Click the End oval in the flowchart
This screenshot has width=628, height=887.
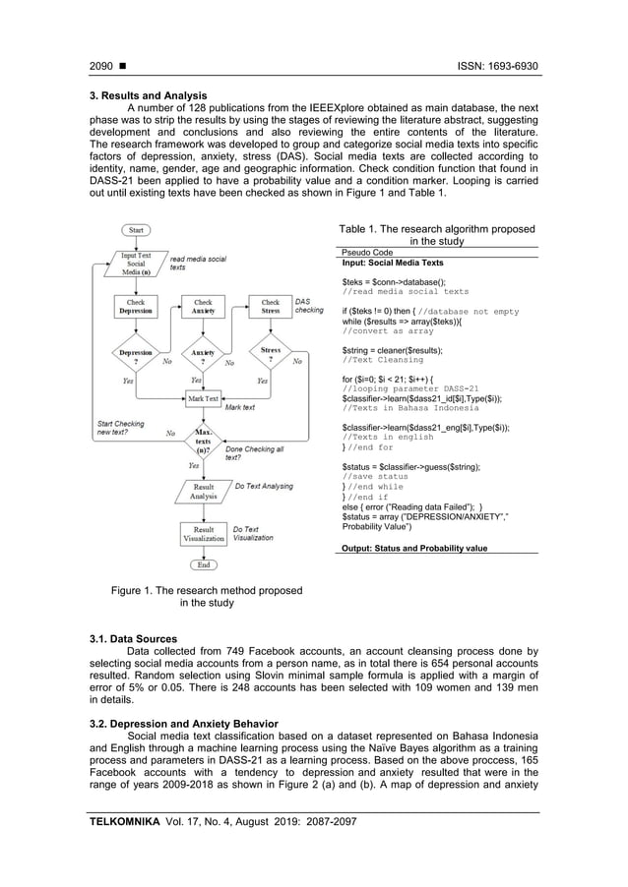pyautogui.click(x=204, y=565)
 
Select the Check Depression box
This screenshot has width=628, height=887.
pyautogui.click(x=135, y=308)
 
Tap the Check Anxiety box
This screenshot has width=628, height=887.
pyautogui.click(x=203, y=308)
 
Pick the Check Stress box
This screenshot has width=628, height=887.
pyautogui.click(x=271, y=308)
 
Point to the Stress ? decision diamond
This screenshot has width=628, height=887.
pyautogui.click(x=271, y=354)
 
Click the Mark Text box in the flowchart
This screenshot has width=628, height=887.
pyautogui.click(x=203, y=398)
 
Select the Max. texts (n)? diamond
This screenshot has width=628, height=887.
pyautogui.click(x=204, y=439)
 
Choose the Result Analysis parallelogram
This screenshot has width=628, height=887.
pyautogui.click(x=204, y=491)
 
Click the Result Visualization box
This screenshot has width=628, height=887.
pyautogui.click(x=204, y=535)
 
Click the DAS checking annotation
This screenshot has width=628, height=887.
pyautogui.click(x=309, y=306)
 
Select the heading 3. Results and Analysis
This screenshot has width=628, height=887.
pyautogui.click(x=149, y=95)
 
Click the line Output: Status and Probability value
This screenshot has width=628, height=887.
pyautogui.click(x=413, y=547)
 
